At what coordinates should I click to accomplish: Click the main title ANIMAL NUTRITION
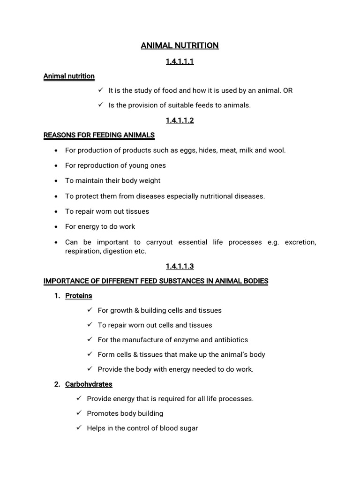click(180, 45)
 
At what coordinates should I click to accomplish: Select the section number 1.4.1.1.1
click(180, 61)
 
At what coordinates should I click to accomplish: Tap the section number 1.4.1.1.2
click(180, 120)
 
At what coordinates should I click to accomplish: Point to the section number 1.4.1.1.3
click(180, 266)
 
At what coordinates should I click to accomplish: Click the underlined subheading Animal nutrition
click(69, 76)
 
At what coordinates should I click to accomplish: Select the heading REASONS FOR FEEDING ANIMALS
click(99, 135)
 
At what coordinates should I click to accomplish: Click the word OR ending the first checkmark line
click(288, 90)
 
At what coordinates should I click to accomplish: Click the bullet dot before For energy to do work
click(56, 227)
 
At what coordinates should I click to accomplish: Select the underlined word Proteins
click(79, 296)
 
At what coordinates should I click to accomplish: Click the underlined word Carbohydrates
click(89, 384)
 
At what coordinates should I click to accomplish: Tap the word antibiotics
click(230, 340)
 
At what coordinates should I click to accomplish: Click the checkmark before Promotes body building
click(79, 413)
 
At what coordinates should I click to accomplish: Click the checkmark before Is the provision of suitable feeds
click(100, 105)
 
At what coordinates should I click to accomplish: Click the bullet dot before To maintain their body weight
click(56, 181)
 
